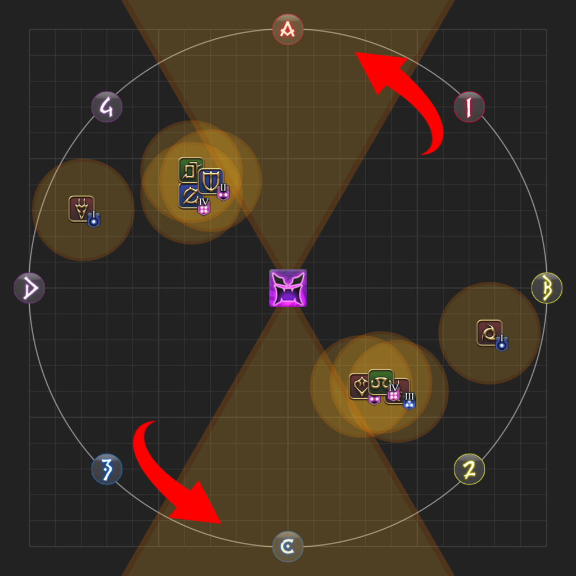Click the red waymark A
[x=287, y=29]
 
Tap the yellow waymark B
[x=547, y=288]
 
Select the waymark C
[x=287, y=547]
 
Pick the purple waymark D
[x=29, y=288]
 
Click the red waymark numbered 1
[x=469, y=107]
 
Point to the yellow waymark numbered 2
[x=469, y=469]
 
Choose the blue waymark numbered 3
[x=106, y=469]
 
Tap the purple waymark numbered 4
[x=106, y=107]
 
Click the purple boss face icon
[x=288, y=288]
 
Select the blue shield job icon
[x=210, y=181]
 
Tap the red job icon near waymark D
[x=81, y=209]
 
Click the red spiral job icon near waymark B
[x=489, y=333]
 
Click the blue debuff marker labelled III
[x=409, y=400]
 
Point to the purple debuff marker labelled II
[x=223, y=192]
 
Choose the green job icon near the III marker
[x=381, y=382]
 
